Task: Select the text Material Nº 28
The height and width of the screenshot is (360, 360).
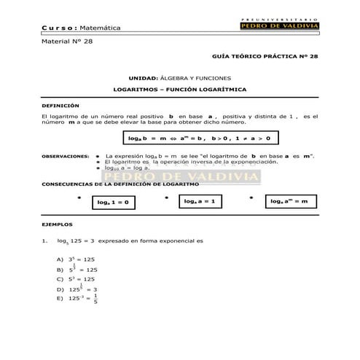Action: (x=68, y=42)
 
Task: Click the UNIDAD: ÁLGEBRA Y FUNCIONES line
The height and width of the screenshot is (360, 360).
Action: (x=179, y=77)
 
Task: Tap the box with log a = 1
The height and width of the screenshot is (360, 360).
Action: (x=200, y=201)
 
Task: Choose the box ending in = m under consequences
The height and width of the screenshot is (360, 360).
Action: (x=289, y=201)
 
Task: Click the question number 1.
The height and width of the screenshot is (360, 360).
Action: (x=45, y=240)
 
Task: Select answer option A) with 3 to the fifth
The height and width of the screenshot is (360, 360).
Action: (x=76, y=259)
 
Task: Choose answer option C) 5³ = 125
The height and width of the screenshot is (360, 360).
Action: (x=76, y=278)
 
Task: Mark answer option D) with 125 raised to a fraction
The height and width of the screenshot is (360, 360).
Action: (x=77, y=289)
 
